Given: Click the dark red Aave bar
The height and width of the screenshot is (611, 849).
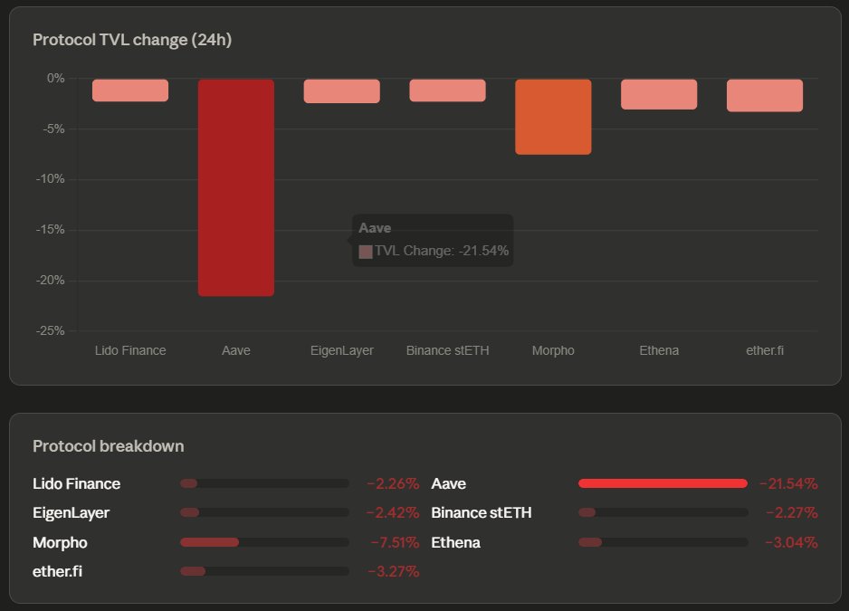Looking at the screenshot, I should coord(235,187).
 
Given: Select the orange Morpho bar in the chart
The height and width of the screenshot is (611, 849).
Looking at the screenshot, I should coord(553,117).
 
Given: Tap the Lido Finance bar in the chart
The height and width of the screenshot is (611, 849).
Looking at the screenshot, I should coord(130,90).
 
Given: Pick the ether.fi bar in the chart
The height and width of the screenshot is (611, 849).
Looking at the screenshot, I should coord(765,95).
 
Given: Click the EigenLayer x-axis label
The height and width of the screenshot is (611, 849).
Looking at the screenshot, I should coord(341,350).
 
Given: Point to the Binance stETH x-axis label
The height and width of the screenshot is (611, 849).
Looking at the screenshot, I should coord(447,350).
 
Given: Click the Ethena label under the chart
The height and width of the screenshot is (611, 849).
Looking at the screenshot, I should coord(659,350).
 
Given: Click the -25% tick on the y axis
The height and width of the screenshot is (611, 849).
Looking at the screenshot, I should coord(50,331).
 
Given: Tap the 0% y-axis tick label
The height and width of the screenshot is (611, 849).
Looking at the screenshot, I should coord(56,79).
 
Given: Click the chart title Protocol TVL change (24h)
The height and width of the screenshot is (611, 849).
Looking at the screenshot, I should coord(133,40).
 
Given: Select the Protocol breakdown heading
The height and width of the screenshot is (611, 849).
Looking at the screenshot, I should coord(109,446).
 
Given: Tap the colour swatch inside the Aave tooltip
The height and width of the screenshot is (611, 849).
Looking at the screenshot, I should coord(366,252).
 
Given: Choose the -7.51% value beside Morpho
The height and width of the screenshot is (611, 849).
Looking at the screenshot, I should coord(394,543).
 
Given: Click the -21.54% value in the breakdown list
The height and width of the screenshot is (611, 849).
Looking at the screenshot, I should coord(788,483).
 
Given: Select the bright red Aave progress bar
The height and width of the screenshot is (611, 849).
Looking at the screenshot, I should coord(663,483).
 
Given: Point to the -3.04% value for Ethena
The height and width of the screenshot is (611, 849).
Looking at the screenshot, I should coord(791,543).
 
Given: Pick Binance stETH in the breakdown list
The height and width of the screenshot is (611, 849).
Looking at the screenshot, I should coord(482,513).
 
